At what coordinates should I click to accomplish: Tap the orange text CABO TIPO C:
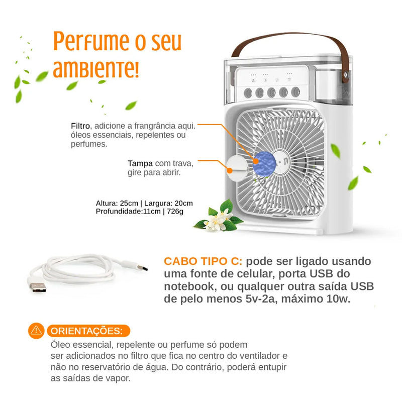[x=203, y=262]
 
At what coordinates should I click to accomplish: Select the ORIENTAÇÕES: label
[x=85, y=331]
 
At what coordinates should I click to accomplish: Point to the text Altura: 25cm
[x=117, y=204]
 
